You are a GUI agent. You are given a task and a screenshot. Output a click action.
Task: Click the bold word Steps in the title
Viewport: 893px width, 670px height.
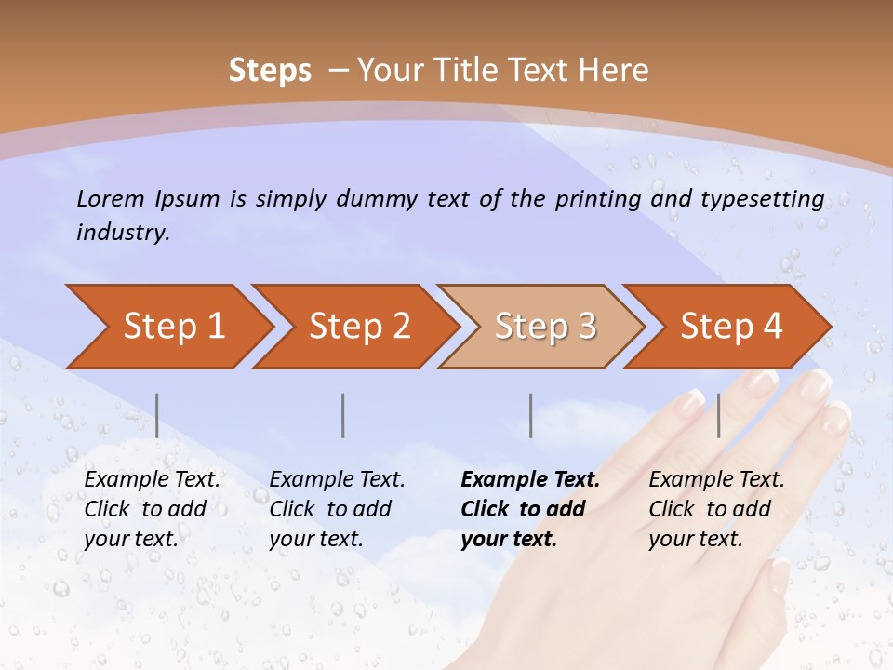[270, 71]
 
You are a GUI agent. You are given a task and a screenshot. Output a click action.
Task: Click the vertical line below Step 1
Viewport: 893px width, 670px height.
[157, 415]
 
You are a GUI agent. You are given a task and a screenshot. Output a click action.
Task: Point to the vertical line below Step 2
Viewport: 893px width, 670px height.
[343, 415]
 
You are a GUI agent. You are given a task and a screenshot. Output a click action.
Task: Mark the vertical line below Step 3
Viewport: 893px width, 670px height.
[530, 415]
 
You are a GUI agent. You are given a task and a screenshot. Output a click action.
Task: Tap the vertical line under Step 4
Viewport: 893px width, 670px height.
[718, 415]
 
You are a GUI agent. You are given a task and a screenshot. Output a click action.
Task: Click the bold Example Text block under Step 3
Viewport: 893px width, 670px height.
[530, 509]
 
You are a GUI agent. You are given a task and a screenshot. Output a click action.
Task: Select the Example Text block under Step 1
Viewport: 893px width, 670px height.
[152, 509]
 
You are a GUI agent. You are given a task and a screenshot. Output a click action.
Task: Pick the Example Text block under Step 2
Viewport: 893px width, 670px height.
[337, 509]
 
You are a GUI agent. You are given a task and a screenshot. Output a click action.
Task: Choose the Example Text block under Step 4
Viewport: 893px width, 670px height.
[716, 509]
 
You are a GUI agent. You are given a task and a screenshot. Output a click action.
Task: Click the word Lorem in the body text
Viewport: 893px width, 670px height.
[111, 198]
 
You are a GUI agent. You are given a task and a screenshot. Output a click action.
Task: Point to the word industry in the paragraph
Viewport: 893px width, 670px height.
[123, 233]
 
